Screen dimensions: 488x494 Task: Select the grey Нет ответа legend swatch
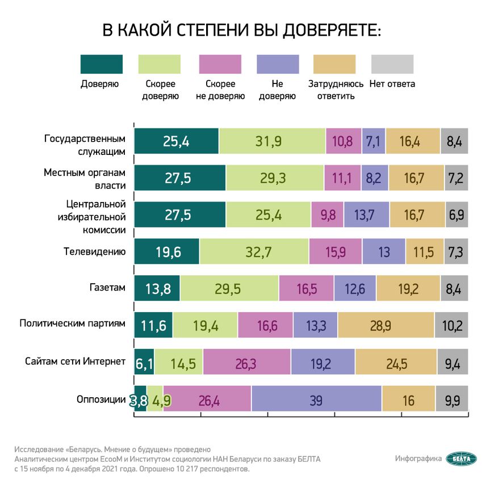[392, 64]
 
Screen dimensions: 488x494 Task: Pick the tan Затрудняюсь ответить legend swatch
[334, 64]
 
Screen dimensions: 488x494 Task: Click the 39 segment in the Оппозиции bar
[316, 401]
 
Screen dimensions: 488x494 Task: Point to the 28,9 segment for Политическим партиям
[386, 326]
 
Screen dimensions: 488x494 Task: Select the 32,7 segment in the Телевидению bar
[254, 251]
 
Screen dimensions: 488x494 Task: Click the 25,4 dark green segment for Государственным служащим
[176, 141]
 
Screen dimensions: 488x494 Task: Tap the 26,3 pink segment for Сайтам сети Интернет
[246, 363]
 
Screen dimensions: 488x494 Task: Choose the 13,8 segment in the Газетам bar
[157, 289]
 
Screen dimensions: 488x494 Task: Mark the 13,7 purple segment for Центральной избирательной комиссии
[367, 215]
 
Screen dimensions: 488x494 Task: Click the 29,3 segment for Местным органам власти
[275, 178]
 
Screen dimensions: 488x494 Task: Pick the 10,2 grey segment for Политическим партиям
[451, 326]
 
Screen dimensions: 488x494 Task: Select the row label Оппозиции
[101, 399]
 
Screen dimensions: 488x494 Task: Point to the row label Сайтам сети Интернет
[75, 361]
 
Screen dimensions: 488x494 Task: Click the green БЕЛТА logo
[462, 458]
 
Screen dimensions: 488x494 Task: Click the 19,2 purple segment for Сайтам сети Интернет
[323, 363]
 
